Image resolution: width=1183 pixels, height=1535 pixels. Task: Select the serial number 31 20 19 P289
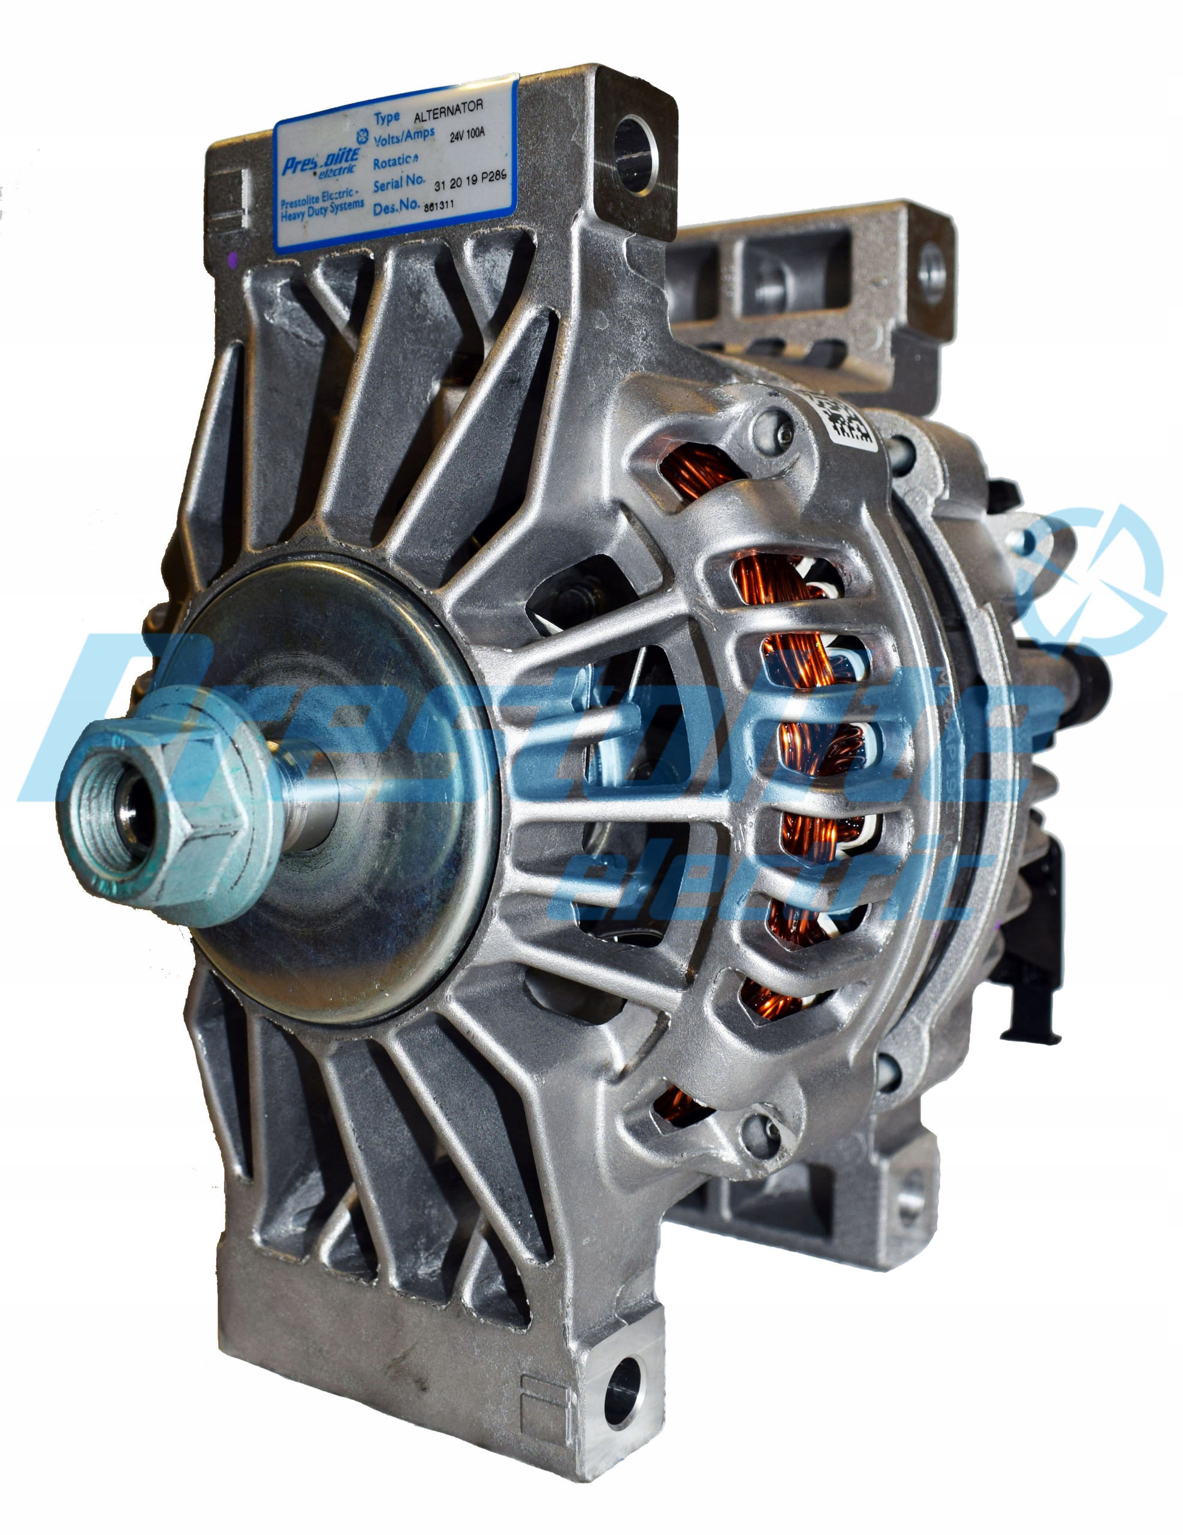470,181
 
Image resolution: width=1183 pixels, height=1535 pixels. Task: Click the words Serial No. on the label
399,184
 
